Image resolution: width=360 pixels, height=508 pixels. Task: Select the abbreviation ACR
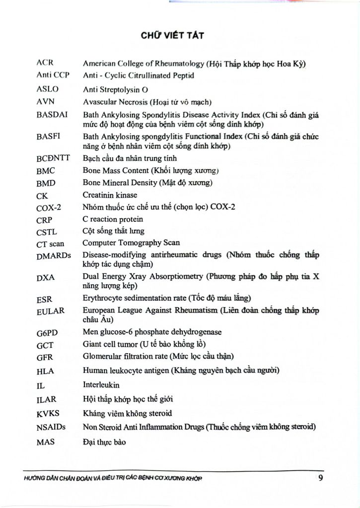tap(45, 63)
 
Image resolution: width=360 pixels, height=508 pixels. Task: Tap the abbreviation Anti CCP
tap(53, 75)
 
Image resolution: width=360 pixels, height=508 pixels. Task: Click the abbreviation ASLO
tap(48, 89)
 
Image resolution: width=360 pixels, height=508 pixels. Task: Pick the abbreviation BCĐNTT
tap(53, 159)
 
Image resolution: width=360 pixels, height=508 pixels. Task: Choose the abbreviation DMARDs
tap(54, 256)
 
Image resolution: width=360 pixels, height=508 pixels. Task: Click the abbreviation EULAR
tap(50, 312)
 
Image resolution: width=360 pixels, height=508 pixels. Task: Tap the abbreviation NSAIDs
tap(52, 427)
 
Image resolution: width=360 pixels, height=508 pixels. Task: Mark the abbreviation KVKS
tap(48, 413)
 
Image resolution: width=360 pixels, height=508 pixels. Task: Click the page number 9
tap(321, 479)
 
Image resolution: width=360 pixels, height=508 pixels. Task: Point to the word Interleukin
tap(101, 384)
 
